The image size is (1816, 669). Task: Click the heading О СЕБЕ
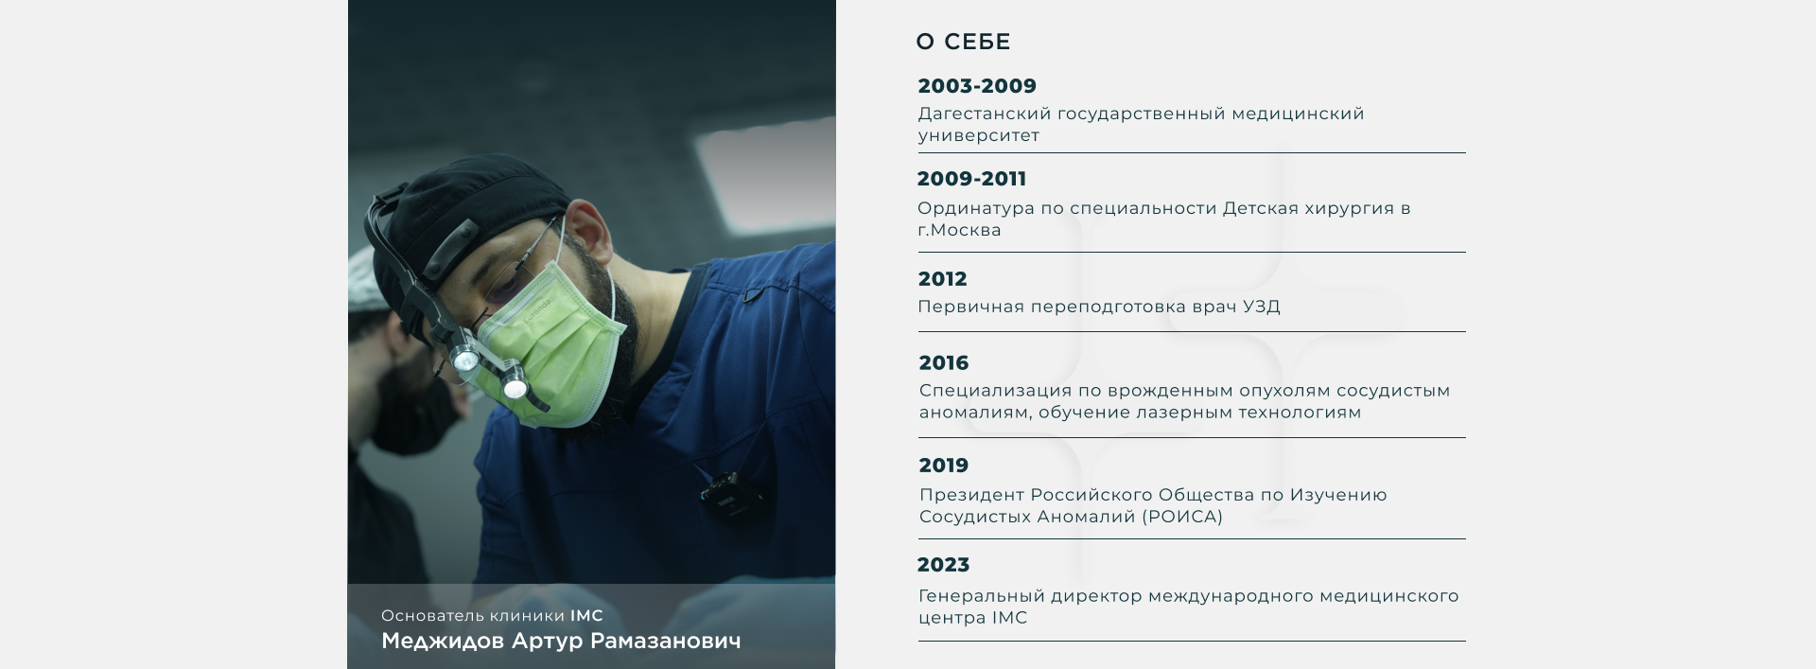(963, 42)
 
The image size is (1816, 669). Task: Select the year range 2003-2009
(977, 86)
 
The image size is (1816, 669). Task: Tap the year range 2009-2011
(971, 179)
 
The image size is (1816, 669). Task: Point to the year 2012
(942, 279)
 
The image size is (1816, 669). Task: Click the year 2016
(944, 363)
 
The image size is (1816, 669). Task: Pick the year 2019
(944, 466)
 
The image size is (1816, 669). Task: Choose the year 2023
(943, 565)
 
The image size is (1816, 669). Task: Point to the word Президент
(971, 495)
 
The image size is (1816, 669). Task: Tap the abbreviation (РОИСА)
(1182, 517)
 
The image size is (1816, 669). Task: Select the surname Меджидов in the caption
(443, 642)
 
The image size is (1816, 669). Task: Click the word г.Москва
(959, 231)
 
